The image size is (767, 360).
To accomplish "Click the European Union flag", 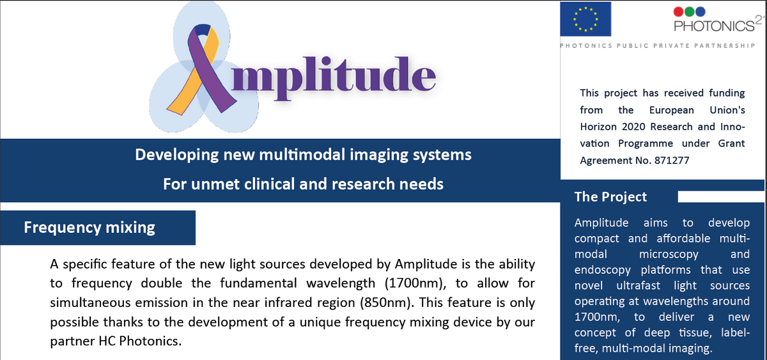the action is [x=585, y=19].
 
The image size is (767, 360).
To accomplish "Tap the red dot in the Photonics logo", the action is [x=678, y=12].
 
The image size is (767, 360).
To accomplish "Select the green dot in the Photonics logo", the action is [x=689, y=12].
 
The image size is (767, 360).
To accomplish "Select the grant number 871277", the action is [x=672, y=160].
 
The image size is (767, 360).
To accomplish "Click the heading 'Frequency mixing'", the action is [x=89, y=228].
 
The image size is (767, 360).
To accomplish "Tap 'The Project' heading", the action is [x=610, y=197].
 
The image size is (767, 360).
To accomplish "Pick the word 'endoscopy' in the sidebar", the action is [x=602, y=270].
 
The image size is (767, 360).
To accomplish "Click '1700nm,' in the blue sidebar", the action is [x=597, y=317].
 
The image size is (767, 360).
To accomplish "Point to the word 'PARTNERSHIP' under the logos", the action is [x=725, y=45].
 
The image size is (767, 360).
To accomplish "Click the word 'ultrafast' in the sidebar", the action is [x=638, y=285].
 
